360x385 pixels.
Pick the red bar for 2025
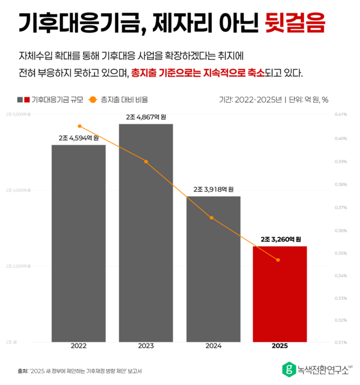[280, 294]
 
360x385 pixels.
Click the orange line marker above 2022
[79, 126]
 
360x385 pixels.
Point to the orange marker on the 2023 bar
[146, 162]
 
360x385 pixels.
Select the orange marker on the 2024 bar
[212, 217]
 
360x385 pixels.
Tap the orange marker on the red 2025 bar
[278, 259]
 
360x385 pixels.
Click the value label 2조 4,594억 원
[79, 138]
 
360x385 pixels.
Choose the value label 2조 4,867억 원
[146, 117]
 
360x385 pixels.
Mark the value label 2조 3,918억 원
[213, 189]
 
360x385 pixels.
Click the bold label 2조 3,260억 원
[280, 238]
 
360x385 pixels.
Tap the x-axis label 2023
[146, 347]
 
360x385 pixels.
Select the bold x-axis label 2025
[280, 347]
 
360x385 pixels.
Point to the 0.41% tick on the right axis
[341, 114]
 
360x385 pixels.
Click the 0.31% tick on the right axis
[341, 342]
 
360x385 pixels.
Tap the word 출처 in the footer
[23, 371]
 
